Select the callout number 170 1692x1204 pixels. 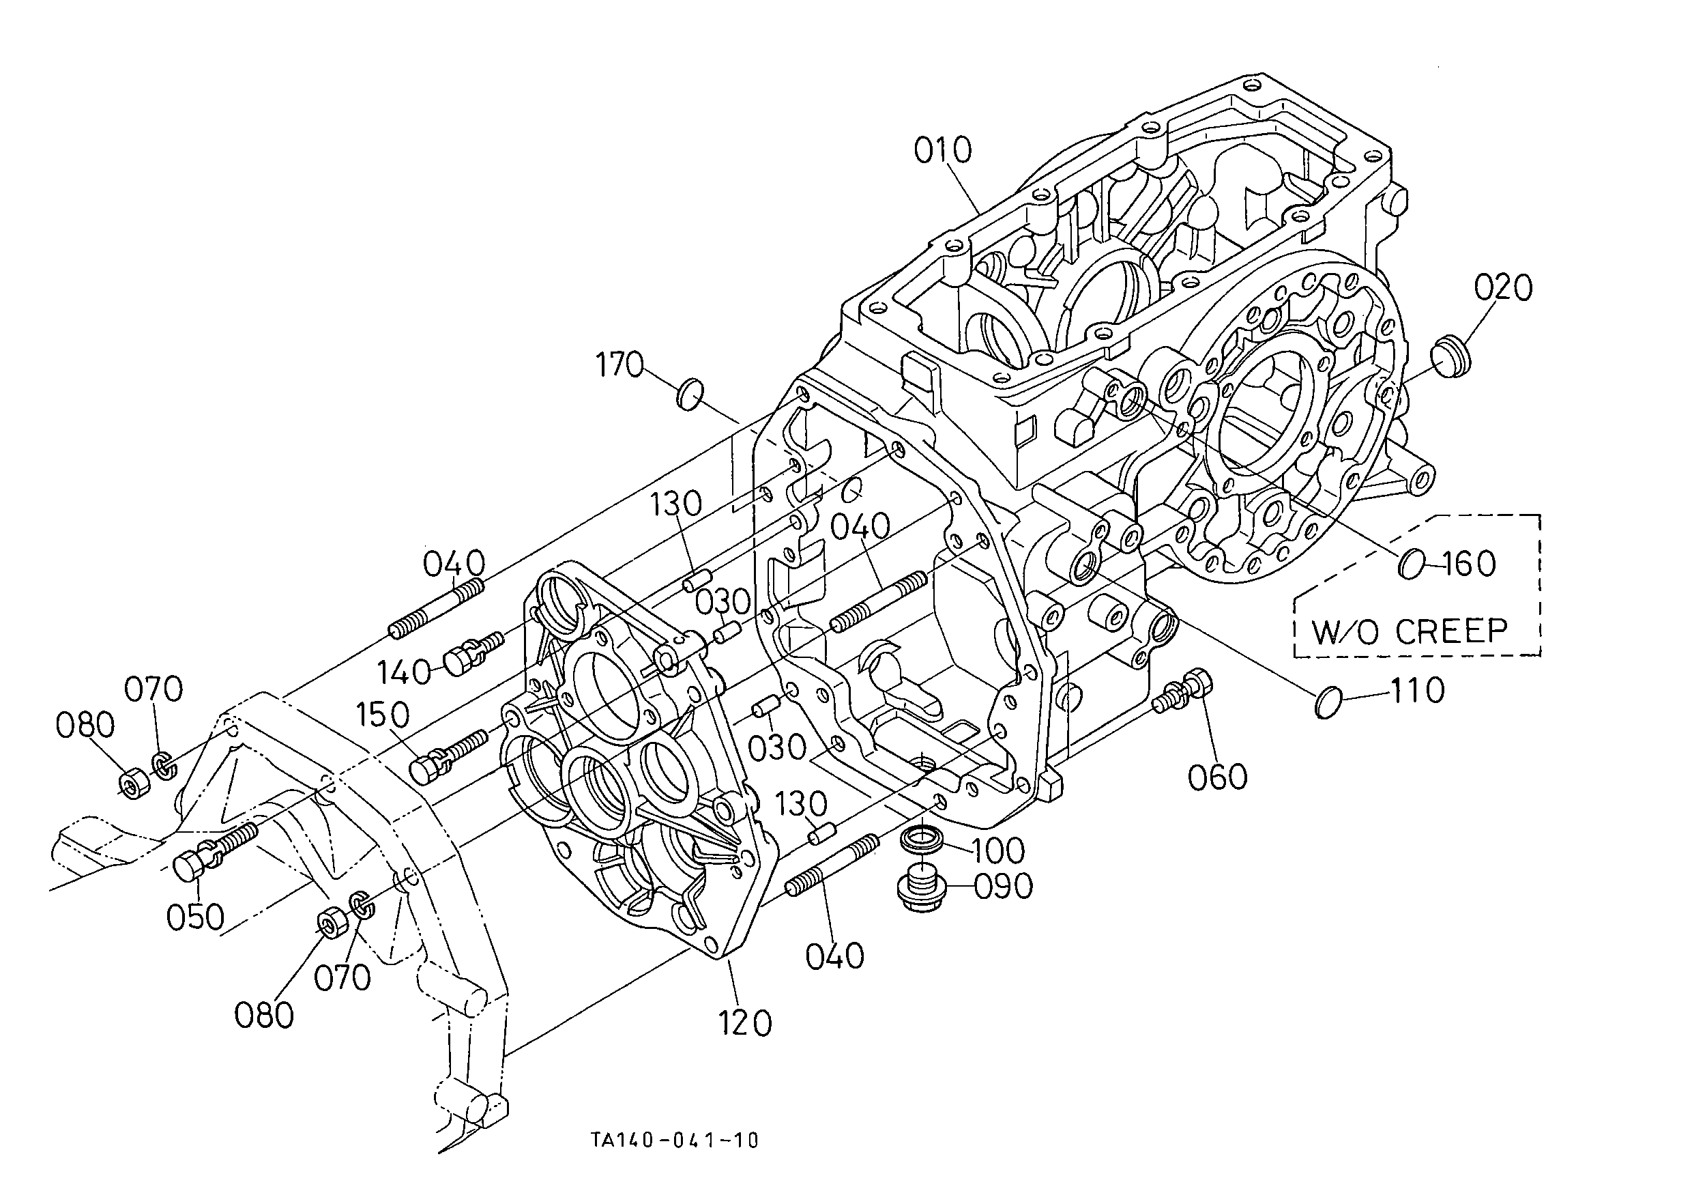point(619,364)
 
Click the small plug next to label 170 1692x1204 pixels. point(690,393)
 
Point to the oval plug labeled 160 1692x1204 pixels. point(1410,564)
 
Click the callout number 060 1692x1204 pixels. point(1218,777)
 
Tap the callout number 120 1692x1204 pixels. point(745,1023)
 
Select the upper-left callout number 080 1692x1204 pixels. point(85,724)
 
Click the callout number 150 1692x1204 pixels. point(383,715)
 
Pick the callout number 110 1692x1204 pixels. point(1416,691)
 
